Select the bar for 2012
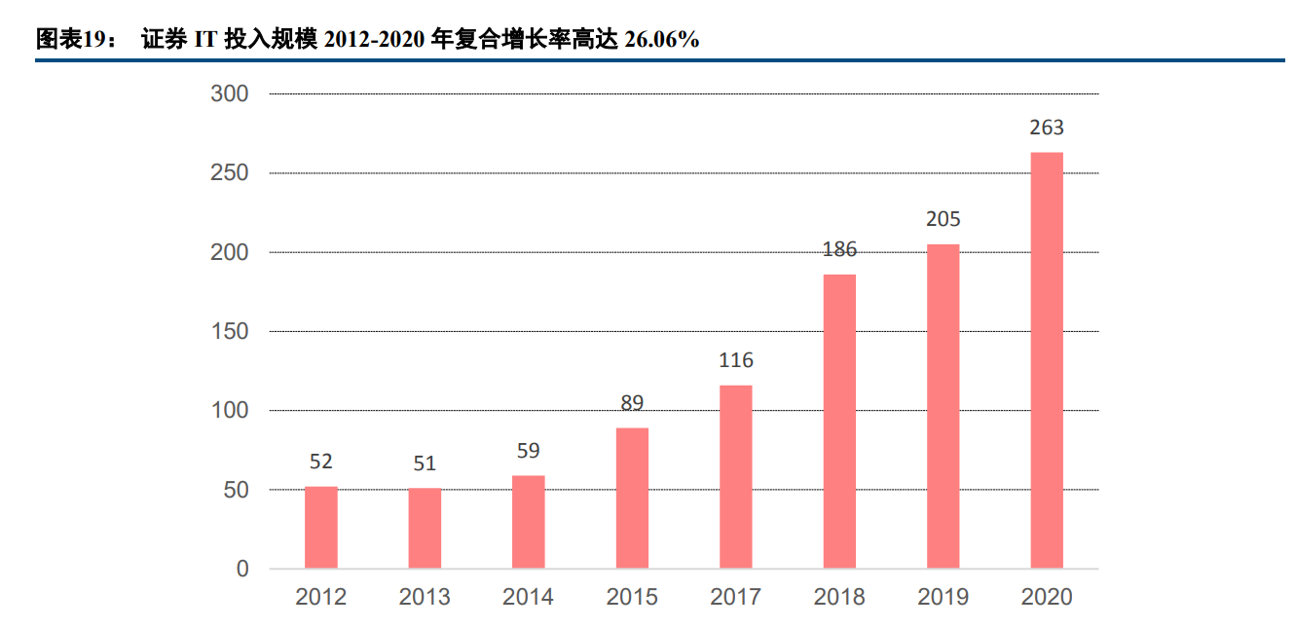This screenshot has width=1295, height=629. pyautogui.click(x=320, y=527)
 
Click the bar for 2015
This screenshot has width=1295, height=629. pyautogui.click(x=632, y=498)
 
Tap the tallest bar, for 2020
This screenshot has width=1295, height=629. pyautogui.click(x=1047, y=360)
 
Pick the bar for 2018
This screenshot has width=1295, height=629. pyautogui.click(x=839, y=421)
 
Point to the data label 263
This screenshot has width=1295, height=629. pyautogui.click(x=1047, y=128)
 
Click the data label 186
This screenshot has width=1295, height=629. pyautogui.click(x=839, y=249)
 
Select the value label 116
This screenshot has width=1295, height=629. pyautogui.click(x=736, y=360)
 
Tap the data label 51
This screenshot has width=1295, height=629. pyautogui.click(x=425, y=463)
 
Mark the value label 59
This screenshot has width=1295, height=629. pyautogui.click(x=528, y=451)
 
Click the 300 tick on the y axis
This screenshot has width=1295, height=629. pyautogui.click(x=230, y=94)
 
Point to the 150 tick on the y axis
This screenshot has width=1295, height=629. pyautogui.click(x=230, y=332)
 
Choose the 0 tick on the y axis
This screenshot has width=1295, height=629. pyautogui.click(x=242, y=570)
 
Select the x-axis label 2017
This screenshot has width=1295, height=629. pyautogui.click(x=736, y=597)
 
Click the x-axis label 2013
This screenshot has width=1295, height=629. pyautogui.click(x=425, y=597)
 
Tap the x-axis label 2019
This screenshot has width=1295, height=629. pyautogui.click(x=943, y=597)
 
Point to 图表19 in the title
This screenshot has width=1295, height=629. pyautogui.click(x=73, y=39)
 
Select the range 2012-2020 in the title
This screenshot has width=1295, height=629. pyautogui.click(x=374, y=39)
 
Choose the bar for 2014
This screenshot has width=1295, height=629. pyautogui.click(x=528, y=522)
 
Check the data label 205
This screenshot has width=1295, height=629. pyautogui.click(x=943, y=219)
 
